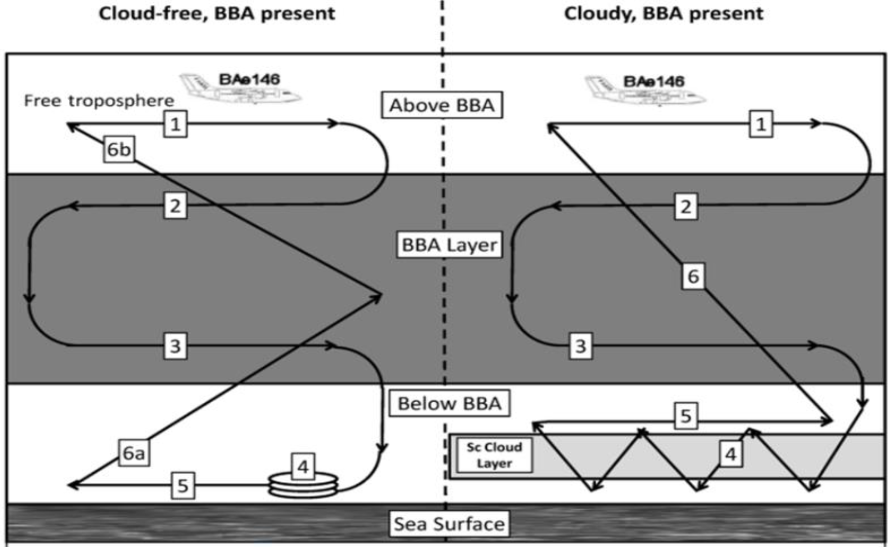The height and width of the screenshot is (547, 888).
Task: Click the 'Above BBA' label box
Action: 442,105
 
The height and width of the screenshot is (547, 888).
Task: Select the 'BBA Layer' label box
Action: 449,244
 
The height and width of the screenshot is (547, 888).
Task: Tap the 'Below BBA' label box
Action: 449,403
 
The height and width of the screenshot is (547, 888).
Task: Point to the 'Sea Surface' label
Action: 449,524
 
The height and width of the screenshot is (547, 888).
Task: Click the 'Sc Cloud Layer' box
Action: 494,455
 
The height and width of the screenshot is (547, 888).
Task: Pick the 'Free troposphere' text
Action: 99,101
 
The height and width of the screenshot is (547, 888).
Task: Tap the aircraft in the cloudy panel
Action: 645,90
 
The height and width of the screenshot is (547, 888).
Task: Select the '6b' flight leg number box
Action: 118,149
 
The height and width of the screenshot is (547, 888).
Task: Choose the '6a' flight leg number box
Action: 133,453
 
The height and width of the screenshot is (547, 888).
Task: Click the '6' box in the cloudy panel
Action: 693,276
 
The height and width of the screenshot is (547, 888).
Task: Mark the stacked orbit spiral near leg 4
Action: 303,485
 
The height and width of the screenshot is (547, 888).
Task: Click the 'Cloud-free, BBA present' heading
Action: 217,13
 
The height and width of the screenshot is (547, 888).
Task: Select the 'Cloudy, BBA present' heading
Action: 663,13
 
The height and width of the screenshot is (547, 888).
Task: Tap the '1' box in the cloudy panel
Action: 760,124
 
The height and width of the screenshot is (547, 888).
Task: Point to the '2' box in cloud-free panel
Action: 175,206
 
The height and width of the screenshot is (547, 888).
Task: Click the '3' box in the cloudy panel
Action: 580,346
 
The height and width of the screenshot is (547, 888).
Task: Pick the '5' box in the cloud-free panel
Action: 183,486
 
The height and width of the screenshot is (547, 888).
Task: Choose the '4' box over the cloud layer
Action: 730,454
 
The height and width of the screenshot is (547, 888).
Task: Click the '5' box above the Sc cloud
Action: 686,416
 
